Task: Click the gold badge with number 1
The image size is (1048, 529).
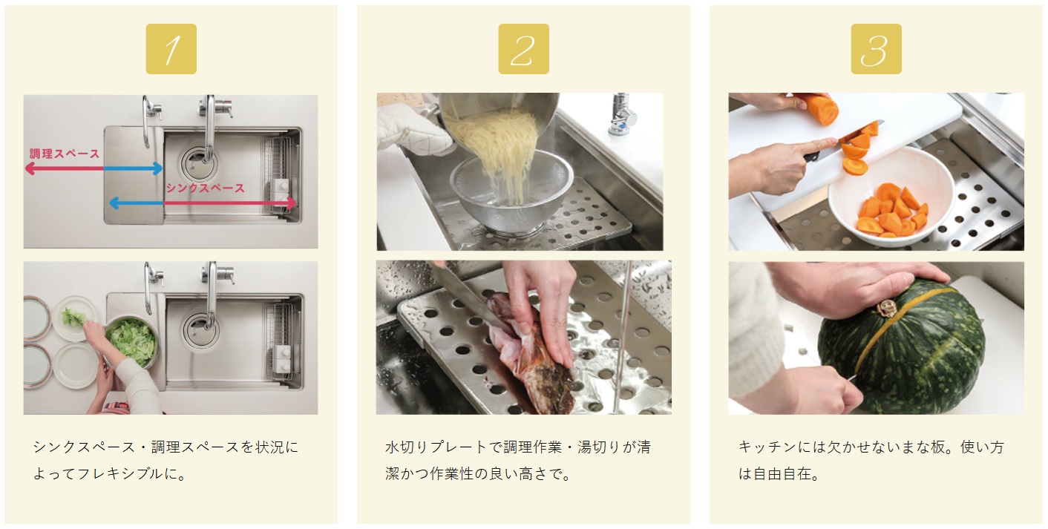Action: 171,49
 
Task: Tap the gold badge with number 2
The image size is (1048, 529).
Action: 523,49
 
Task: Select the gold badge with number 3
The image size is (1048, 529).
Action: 876,49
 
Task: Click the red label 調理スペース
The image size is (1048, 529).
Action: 65,154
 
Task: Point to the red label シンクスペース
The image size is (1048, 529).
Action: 206,188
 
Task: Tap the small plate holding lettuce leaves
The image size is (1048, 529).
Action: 76,318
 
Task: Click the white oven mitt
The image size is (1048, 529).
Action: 412,128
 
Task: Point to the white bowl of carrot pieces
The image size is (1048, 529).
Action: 891,197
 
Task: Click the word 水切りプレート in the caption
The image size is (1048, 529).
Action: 436,447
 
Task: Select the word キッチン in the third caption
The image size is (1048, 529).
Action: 767,447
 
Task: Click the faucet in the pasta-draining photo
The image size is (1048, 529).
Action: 622,114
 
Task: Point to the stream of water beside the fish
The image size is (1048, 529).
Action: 623,337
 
